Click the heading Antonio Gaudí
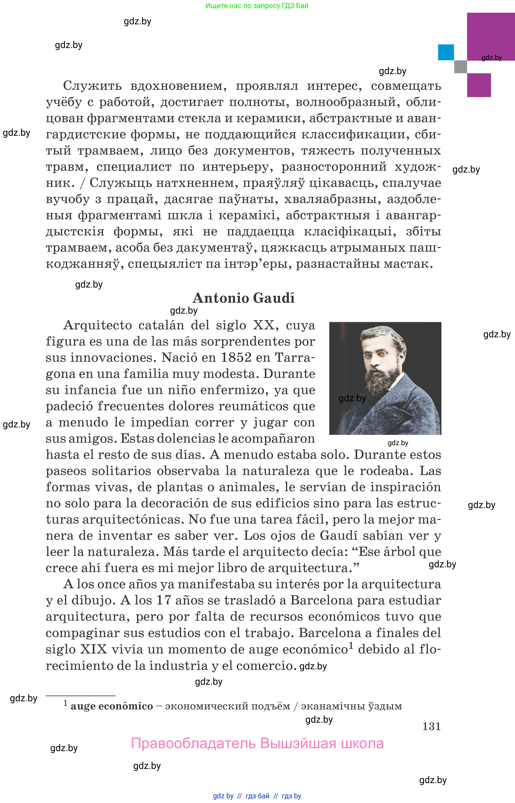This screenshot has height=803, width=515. point(244,298)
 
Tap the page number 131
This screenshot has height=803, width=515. point(431,726)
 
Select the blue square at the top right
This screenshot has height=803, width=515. point(446,52)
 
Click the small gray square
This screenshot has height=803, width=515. point(460,66)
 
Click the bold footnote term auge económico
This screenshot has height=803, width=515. point(112,706)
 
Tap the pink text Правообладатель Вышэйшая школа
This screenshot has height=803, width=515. point(257,743)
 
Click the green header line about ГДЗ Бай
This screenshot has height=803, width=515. point(257,6)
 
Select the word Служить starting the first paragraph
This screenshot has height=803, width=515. point(92,86)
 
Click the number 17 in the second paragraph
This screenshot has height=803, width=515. point(163,600)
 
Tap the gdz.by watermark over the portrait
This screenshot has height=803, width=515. point(352,398)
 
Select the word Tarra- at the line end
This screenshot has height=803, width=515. point(295,357)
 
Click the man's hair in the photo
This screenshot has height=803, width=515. point(384,335)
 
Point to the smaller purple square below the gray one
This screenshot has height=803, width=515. point(479,85)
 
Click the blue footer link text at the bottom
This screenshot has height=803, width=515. point(257,796)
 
